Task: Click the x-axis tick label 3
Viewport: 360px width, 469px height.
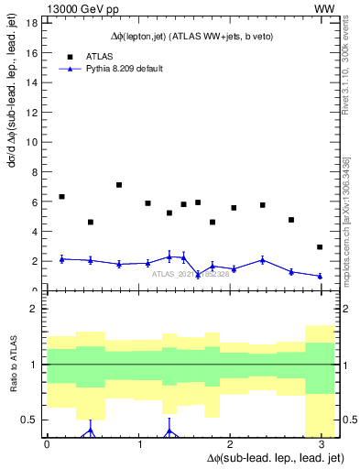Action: click(320, 444)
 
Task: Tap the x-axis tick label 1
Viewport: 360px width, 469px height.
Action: click(137, 444)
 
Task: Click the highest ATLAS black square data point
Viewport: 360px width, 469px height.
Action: click(119, 185)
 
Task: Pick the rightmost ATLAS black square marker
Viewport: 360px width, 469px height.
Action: click(320, 247)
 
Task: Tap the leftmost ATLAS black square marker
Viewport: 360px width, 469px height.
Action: click(61, 197)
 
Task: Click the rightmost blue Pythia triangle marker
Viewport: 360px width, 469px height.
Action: click(320, 276)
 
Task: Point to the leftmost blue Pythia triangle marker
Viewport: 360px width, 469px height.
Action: click(61, 259)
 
